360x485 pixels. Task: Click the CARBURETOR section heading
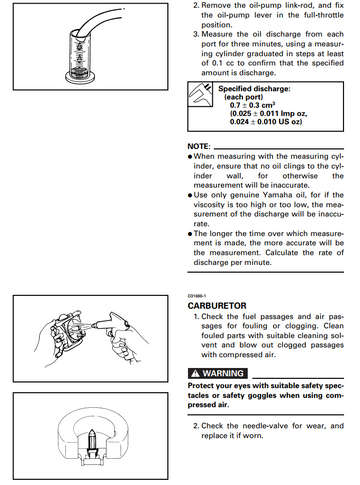[217, 306]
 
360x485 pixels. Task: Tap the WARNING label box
[218, 373]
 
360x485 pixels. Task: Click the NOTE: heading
[199, 146]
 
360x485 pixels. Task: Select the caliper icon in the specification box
[200, 94]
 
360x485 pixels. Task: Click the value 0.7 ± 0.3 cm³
[252, 105]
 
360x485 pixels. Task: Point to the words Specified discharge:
[254, 89]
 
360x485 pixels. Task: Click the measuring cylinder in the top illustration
[79, 55]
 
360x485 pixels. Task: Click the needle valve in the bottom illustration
[91, 442]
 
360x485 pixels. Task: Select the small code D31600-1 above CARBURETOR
[197, 296]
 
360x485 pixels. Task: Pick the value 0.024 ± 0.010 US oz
[266, 122]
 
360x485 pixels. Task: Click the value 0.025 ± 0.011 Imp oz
[268, 113]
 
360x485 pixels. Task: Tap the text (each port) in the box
[243, 97]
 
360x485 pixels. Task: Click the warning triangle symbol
[195, 373]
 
